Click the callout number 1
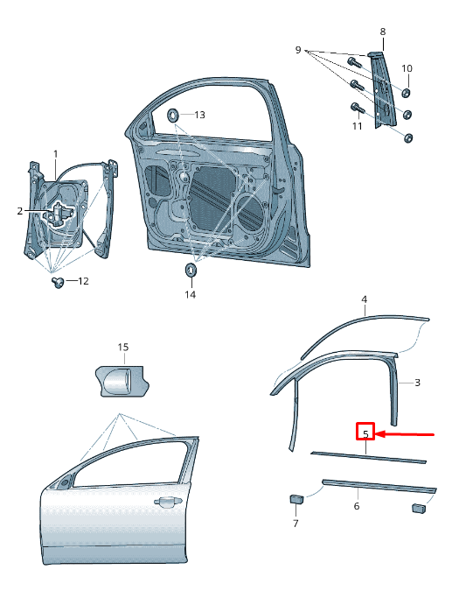(56, 154)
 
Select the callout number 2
(19, 211)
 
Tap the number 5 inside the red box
(365, 433)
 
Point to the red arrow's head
(379, 433)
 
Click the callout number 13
(199, 115)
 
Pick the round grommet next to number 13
(172, 114)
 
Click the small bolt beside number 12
(59, 282)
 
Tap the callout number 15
(123, 348)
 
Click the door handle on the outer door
(163, 502)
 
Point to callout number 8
(382, 32)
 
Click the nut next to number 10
(407, 91)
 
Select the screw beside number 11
(357, 108)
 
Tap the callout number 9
(298, 50)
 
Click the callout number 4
(365, 299)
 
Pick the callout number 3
(417, 383)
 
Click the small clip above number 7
(296, 499)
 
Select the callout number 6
(356, 506)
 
